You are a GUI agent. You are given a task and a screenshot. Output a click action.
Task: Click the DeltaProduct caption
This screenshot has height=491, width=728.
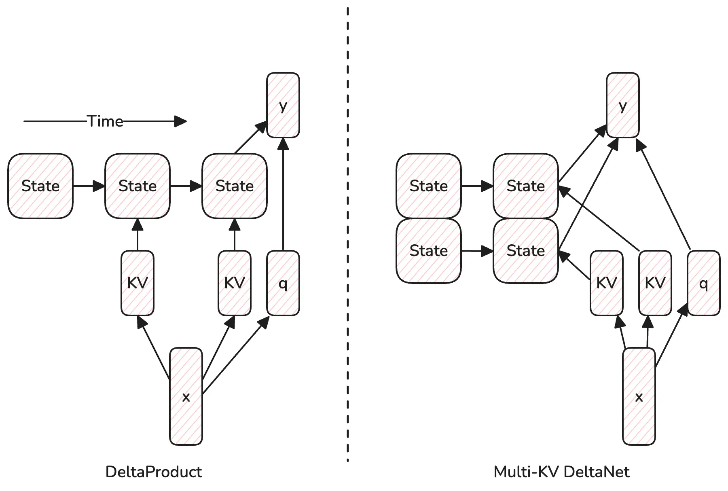pos(154,472)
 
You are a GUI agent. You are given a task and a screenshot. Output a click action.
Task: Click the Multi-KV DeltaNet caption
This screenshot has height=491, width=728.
pos(562,472)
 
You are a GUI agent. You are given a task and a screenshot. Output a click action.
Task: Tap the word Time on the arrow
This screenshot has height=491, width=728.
pos(105,121)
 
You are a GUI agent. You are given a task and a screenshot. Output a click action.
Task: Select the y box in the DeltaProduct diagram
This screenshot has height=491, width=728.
pos(283,105)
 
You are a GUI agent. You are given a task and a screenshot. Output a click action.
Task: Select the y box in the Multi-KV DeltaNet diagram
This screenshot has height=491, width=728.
pos(623,105)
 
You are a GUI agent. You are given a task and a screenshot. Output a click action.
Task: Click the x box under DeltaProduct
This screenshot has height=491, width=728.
pos(186,396)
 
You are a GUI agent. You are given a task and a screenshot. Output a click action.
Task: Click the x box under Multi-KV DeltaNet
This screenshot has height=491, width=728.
pos(639,396)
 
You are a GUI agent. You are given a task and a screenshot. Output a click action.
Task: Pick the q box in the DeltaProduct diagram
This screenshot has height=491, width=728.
pos(283,283)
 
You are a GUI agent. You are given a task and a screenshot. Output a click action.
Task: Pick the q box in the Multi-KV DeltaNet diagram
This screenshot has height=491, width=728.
pos(704,283)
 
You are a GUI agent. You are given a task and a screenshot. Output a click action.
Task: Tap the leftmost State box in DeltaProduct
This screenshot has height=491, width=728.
pos(40,186)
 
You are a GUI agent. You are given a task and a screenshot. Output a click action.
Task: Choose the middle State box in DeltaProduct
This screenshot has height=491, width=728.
pos(138,186)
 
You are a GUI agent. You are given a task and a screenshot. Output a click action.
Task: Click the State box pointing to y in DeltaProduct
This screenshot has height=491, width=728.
pos(235,186)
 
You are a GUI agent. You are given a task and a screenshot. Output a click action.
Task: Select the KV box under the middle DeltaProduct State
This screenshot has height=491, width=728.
pos(138,283)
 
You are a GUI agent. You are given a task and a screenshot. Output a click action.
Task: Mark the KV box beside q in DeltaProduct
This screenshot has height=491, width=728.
pos(235,283)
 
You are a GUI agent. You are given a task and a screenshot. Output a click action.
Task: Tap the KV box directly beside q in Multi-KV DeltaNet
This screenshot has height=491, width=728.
pos(655,283)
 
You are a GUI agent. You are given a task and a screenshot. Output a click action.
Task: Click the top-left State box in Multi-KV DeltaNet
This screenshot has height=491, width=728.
pos(429,186)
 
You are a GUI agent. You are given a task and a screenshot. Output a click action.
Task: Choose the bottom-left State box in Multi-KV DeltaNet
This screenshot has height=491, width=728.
pos(429,251)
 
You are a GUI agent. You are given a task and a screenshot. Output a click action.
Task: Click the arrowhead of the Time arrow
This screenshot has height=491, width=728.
pos(181,121)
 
